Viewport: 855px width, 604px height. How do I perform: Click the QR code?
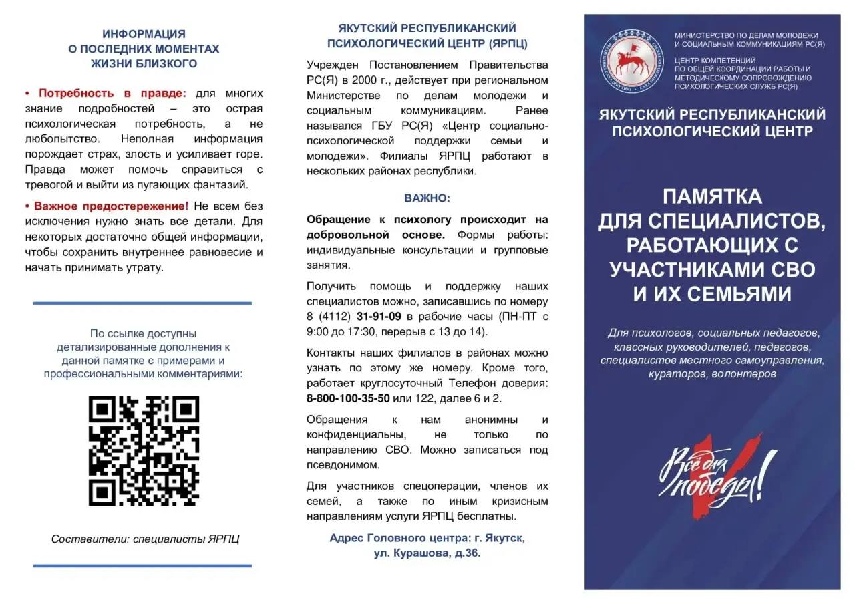tap(144, 450)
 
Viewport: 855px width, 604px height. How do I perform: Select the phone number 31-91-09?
tap(379, 316)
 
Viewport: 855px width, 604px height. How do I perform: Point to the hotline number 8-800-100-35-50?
tap(348, 398)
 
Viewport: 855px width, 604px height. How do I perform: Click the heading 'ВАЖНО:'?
tap(427, 198)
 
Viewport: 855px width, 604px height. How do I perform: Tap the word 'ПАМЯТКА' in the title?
tap(712, 197)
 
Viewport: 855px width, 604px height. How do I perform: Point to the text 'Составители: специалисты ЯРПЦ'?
tap(145, 539)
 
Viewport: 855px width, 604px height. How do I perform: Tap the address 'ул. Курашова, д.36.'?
tap(427, 553)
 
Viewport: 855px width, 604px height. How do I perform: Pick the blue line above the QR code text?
tap(142, 303)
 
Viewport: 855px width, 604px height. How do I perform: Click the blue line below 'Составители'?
tap(142, 566)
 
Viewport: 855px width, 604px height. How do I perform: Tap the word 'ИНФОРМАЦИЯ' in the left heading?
tap(144, 34)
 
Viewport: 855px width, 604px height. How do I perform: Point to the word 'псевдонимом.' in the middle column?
tap(343, 464)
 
